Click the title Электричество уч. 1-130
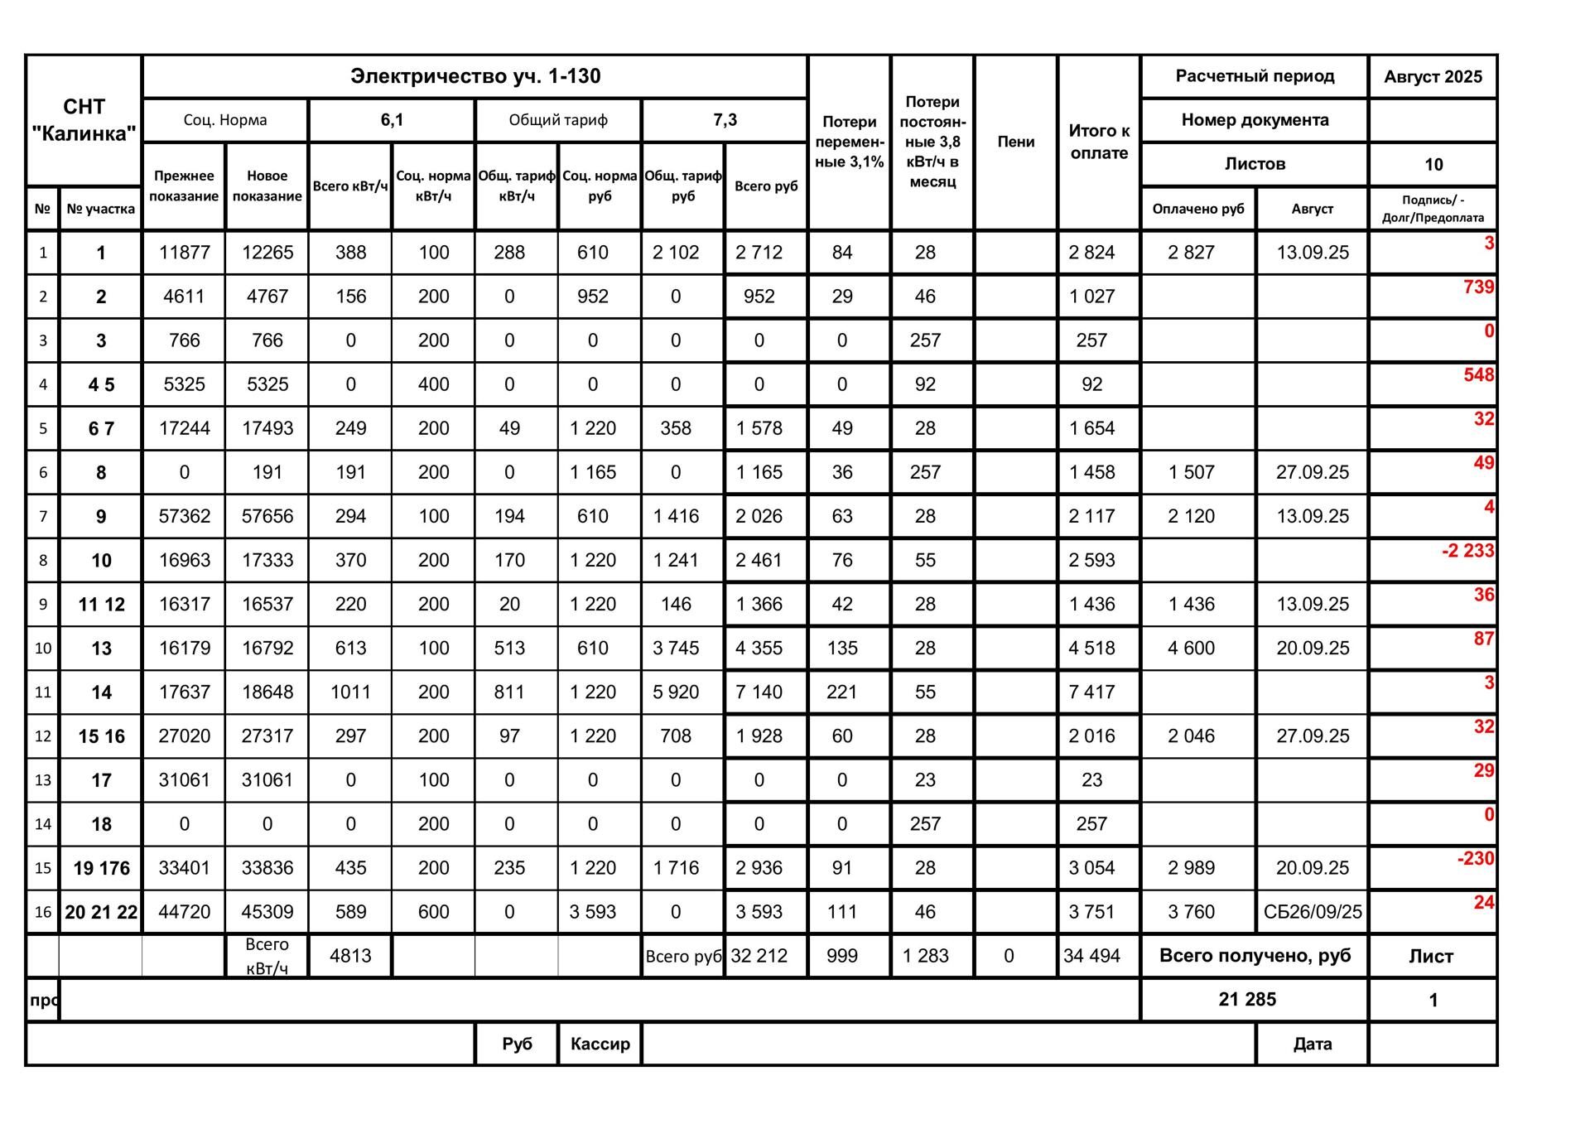tap(475, 76)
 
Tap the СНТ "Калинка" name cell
tap(84, 120)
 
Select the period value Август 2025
tap(1433, 77)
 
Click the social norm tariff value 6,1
tap(392, 120)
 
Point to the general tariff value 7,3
tap(725, 120)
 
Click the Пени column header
tap(1015, 142)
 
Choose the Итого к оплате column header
tap(1099, 142)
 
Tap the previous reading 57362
tap(184, 516)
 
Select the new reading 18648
tap(267, 692)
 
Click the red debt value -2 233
tap(1467, 551)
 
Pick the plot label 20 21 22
tap(101, 912)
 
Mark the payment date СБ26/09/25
tap(1313, 912)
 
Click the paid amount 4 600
tap(1191, 648)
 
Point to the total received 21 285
tap(1247, 1000)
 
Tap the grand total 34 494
tap(1091, 956)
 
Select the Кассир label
tap(600, 1044)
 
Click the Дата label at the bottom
tap(1312, 1044)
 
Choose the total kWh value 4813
tap(350, 956)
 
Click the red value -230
tap(1476, 858)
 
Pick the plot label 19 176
tap(101, 868)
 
